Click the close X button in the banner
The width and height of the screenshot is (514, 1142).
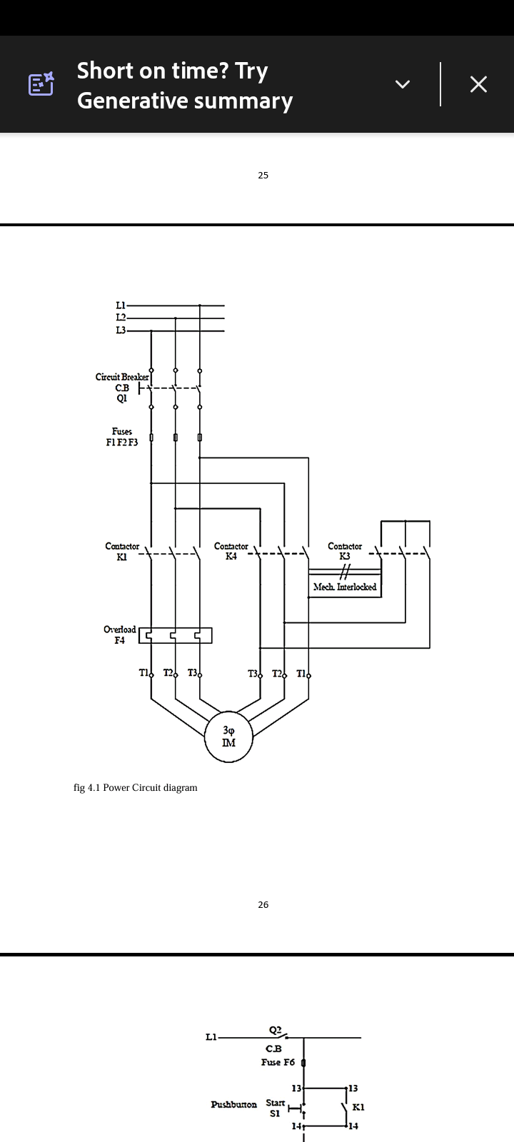pyautogui.click(x=478, y=84)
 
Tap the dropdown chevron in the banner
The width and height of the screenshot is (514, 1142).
pyautogui.click(x=403, y=84)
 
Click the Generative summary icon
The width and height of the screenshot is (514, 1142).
pyautogui.click(x=41, y=84)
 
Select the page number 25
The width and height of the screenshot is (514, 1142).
pyautogui.click(x=263, y=176)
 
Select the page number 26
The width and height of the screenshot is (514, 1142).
pyautogui.click(x=263, y=905)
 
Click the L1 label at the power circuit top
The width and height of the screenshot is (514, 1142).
pyautogui.click(x=121, y=305)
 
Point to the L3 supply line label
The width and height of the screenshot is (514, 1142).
pyautogui.click(x=121, y=330)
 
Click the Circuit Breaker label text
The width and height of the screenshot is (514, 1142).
pyautogui.click(x=122, y=377)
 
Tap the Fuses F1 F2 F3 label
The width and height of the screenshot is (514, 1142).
pyautogui.click(x=122, y=437)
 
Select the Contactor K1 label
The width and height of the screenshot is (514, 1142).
pyautogui.click(x=122, y=551)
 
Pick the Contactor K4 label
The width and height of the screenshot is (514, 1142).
pyautogui.click(x=231, y=551)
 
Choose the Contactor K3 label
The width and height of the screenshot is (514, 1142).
pyautogui.click(x=345, y=551)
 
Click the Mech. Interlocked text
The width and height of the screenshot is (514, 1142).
pyautogui.click(x=345, y=587)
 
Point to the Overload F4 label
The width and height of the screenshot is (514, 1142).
pyautogui.click(x=119, y=635)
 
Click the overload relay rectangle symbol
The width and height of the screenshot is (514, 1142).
pyautogui.click(x=175, y=635)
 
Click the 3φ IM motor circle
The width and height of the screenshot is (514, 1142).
pyautogui.click(x=228, y=737)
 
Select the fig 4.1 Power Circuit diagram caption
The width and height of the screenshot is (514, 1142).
pyautogui.click(x=136, y=788)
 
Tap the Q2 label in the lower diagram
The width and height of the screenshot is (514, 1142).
pyautogui.click(x=276, y=1030)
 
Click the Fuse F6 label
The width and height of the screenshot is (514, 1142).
pyautogui.click(x=278, y=1062)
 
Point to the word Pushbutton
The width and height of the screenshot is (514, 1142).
pyautogui.click(x=233, y=1105)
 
